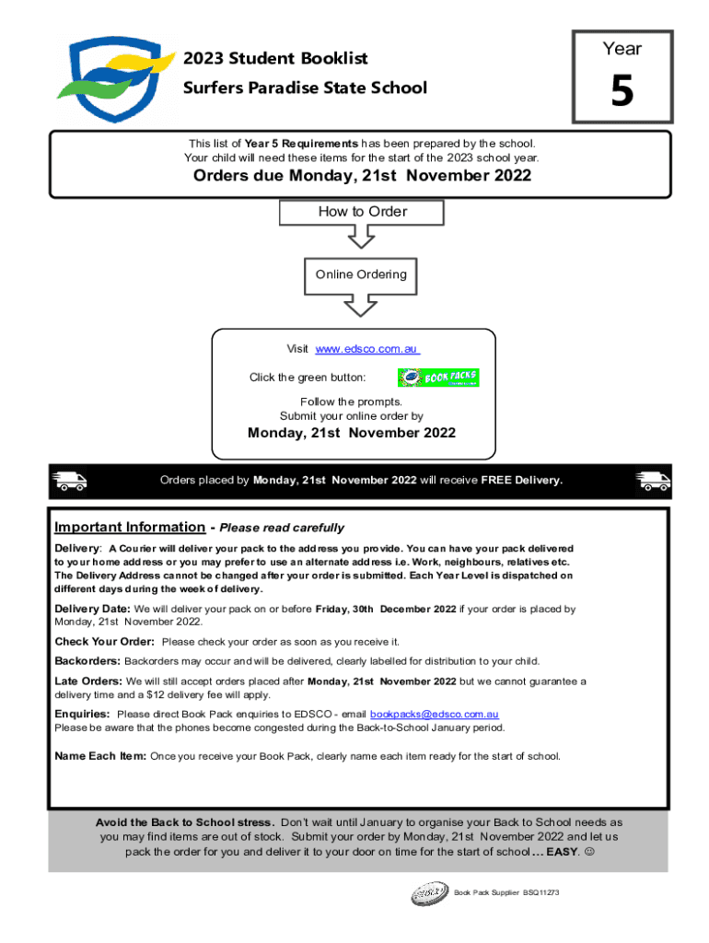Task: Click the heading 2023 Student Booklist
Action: [275, 59]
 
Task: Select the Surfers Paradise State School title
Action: [305, 88]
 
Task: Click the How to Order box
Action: [362, 212]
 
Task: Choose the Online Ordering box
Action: [361, 274]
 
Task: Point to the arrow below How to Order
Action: [362, 237]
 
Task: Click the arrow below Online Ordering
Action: [361, 305]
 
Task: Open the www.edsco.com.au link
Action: [367, 349]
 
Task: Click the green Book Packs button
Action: [438, 378]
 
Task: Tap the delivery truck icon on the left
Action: [70, 480]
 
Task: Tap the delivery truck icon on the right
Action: [653, 480]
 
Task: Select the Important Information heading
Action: [130, 527]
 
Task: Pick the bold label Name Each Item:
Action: [100, 756]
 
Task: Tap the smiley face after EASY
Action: [589, 852]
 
